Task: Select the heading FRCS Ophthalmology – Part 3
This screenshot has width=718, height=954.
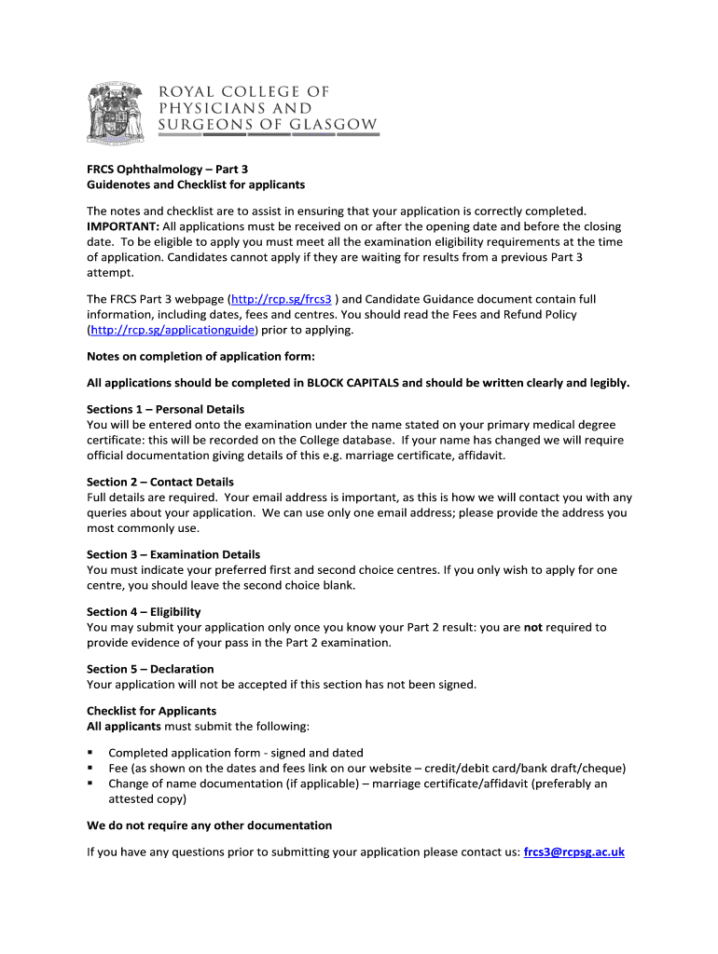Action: (x=168, y=170)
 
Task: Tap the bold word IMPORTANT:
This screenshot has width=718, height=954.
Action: (x=123, y=226)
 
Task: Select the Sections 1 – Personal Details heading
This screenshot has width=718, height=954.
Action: (x=165, y=409)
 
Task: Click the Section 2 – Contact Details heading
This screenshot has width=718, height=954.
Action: (x=160, y=482)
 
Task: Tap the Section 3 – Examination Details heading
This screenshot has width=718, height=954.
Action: (x=173, y=554)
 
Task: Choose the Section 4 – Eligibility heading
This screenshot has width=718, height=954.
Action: (x=144, y=611)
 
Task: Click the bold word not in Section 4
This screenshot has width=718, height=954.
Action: (x=532, y=627)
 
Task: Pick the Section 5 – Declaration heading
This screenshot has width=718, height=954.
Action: (x=150, y=669)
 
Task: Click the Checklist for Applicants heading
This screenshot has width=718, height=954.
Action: (x=151, y=711)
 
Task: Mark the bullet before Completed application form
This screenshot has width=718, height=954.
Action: (x=90, y=752)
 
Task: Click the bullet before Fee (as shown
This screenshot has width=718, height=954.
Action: (x=90, y=768)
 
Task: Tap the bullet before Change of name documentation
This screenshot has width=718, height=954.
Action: (x=90, y=784)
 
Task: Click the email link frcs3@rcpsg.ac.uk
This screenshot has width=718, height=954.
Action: (x=573, y=852)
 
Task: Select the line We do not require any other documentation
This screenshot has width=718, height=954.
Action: (x=209, y=825)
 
